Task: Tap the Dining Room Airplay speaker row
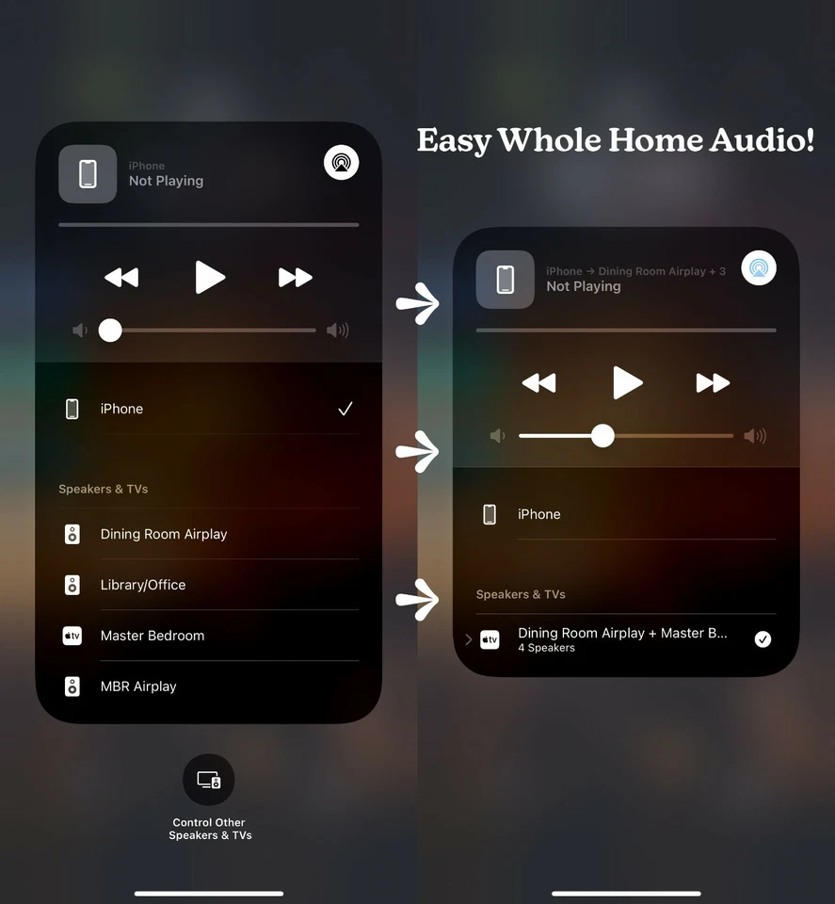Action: tap(164, 534)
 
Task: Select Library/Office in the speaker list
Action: tap(143, 585)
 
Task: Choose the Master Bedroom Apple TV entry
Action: tap(153, 636)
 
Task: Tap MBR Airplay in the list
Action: tap(138, 686)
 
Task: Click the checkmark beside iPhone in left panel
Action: tap(345, 409)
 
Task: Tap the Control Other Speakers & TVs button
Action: tap(209, 780)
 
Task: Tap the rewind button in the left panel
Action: tap(121, 278)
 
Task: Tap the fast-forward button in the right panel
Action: tap(713, 383)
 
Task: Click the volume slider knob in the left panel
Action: tap(110, 331)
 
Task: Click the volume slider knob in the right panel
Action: tap(602, 435)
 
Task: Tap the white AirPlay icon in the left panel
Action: tap(341, 163)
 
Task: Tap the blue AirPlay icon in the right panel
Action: tap(759, 268)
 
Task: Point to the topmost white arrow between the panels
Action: tap(417, 303)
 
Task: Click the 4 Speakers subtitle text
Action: tap(546, 648)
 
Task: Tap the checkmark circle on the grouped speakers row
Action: tap(763, 639)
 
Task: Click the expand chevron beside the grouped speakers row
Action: tap(469, 639)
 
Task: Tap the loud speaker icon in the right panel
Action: tap(755, 436)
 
